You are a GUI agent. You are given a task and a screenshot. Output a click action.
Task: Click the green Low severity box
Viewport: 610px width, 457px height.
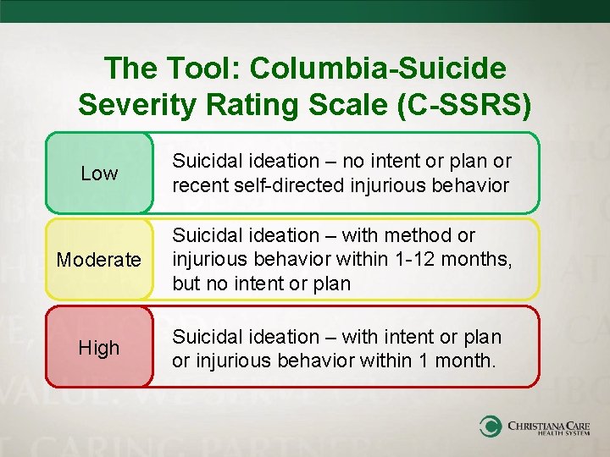[x=99, y=173]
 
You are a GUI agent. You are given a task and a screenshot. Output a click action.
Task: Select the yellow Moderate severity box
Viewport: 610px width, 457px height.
[x=99, y=259]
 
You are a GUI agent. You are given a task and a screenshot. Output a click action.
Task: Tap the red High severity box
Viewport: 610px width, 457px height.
[x=99, y=347]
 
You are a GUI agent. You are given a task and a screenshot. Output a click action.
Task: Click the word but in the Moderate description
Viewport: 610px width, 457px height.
[x=186, y=284]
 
